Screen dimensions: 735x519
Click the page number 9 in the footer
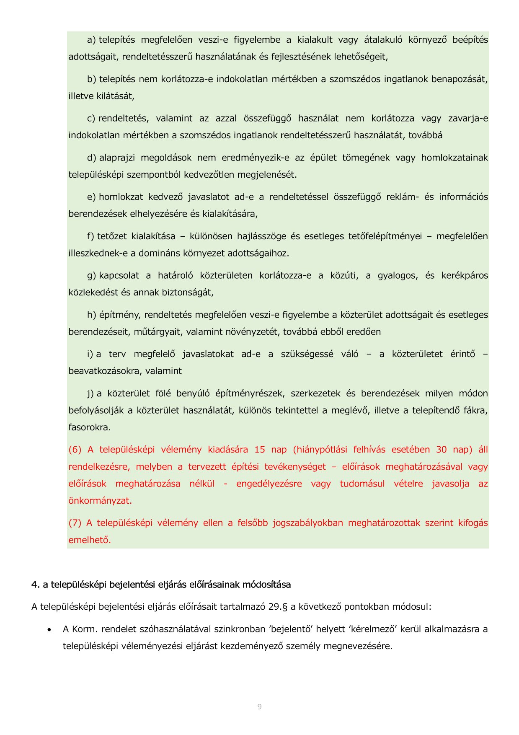pos(259,707)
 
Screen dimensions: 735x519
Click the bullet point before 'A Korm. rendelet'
pos(50,629)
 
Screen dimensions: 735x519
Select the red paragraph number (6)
pos(75,450)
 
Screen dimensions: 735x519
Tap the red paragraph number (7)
pos(75,523)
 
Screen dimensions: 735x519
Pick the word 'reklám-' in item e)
pos(403,197)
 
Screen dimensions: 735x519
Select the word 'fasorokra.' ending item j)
pos(89,427)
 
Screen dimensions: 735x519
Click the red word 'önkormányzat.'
pos(100,501)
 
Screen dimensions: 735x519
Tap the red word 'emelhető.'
pos(90,540)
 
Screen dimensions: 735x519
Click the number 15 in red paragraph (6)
pos(260,450)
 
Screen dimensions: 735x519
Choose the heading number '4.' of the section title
pos(35,585)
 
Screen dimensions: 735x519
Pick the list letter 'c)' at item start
pos(91,119)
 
